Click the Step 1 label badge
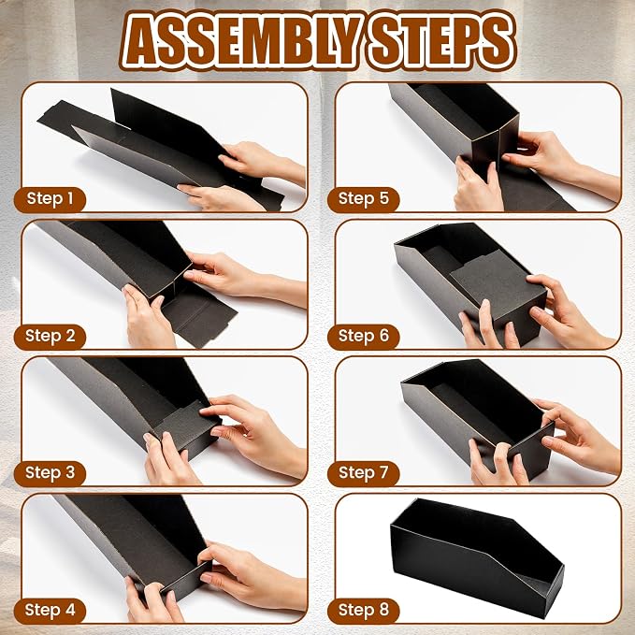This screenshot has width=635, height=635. pos(51,199)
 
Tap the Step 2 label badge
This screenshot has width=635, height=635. pos(51,337)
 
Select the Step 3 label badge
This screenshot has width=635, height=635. pos(51,473)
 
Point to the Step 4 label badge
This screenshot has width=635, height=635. pos(51,611)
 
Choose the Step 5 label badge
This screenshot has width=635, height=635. pos(363,199)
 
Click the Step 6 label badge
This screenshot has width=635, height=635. pos(363,337)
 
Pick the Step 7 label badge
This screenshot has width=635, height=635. pos(363,473)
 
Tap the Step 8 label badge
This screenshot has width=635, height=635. pos(363,611)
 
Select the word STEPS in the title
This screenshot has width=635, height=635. pos(440,40)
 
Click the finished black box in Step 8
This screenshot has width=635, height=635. pos(477,558)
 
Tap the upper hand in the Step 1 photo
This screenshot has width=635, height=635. pos(261,162)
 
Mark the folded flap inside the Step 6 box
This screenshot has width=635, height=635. pos(498,287)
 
